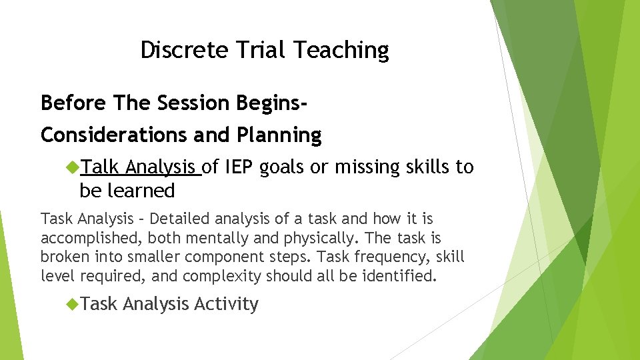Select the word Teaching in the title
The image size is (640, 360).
(341, 51)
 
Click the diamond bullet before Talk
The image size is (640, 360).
(72, 167)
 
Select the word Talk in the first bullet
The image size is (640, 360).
(100, 167)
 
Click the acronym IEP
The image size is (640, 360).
(238, 167)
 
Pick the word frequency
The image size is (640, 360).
(379, 257)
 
